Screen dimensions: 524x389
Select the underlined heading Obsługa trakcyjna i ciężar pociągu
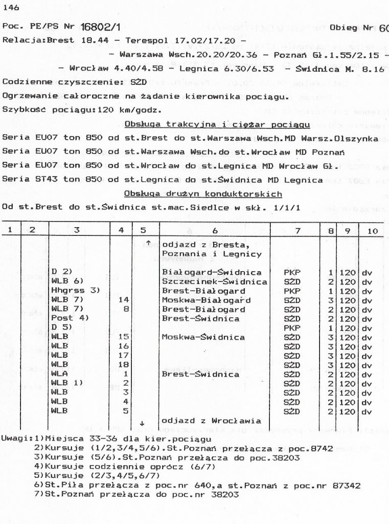pos(217,124)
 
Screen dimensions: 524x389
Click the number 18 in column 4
pos(122,364)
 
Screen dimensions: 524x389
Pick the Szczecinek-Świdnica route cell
pos(215,281)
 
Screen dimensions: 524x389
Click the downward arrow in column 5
pos(142,423)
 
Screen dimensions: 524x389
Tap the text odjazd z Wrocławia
pos(208,421)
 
